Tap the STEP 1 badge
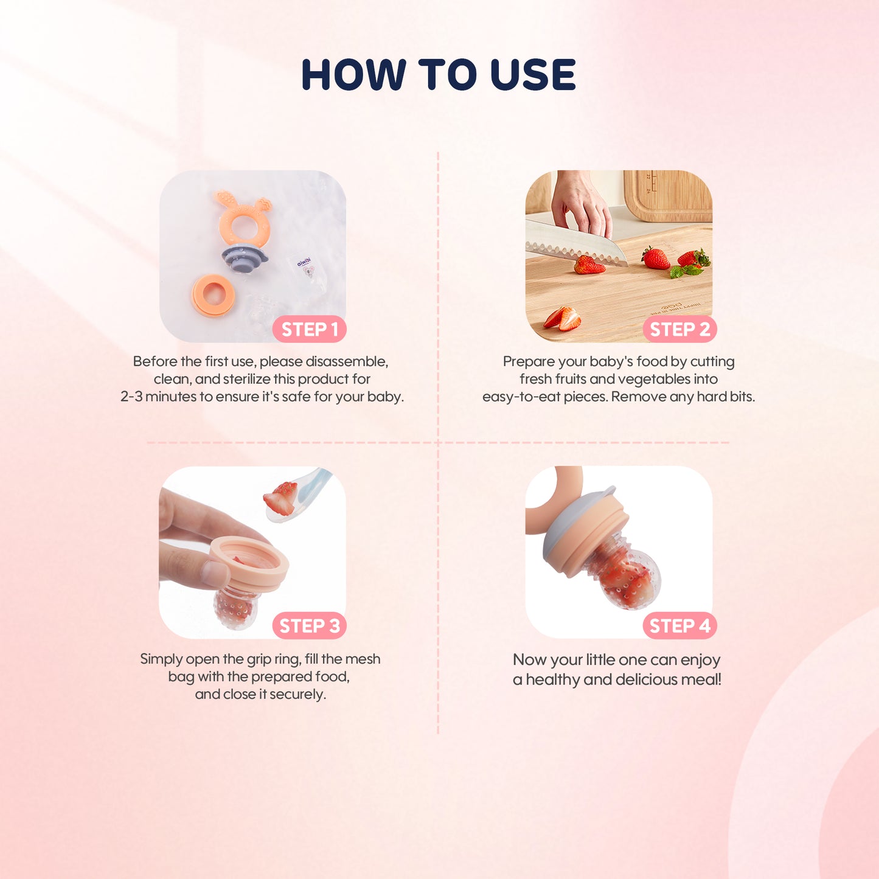(x=309, y=329)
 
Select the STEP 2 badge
(x=679, y=329)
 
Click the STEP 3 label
(x=309, y=625)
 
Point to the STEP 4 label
(x=679, y=625)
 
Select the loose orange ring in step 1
(x=214, y=294)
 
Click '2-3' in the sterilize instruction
(x=131, y=397)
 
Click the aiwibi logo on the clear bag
(x=304, y=262)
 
